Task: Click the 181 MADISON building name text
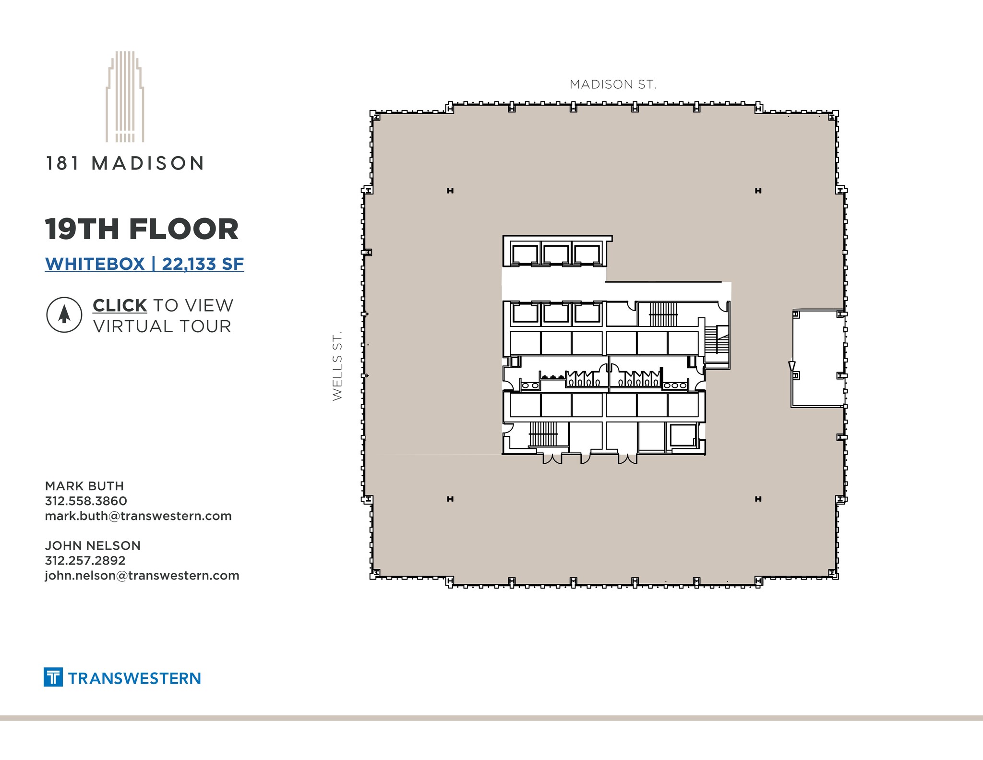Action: tap(125, 164)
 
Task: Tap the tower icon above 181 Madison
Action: tap(125, 97)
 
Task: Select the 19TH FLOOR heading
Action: tap(142, 229)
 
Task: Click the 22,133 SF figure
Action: tap(203, 264)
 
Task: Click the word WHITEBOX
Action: tap(95, 264)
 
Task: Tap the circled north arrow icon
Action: tap(64, 315)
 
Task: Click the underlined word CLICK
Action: tap(120, 305)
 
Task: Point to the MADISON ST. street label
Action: tap(613, 84)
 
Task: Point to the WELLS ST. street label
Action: tap(337, 365)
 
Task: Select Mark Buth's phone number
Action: tap(86, 501)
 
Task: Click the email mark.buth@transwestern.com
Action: tap(138, 516)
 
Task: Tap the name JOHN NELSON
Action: tap(93, 545)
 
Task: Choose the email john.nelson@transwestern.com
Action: tap(142, 575)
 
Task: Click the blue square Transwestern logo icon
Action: tap(53, 677)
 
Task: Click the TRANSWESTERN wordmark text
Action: tap(134, 678)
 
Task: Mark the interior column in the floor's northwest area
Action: tap(450, 191)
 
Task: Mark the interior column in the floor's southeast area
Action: tap(758, 499)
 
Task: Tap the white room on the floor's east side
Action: tap(817, 358)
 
